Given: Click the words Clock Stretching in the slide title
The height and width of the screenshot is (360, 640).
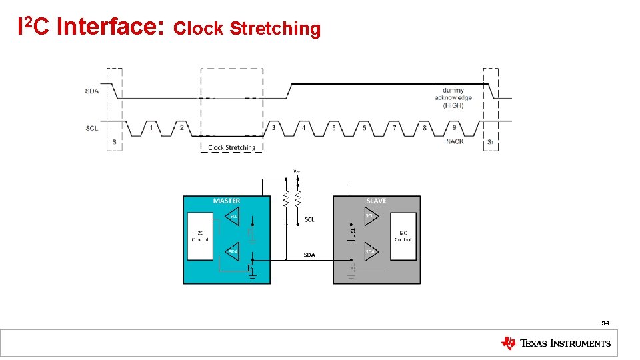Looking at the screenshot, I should pyautogui.click(x=247, y=29).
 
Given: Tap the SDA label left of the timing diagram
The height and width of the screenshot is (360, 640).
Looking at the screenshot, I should pyautogui.click(x=92, y=91).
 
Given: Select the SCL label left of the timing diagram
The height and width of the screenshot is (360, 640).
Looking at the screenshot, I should pyautogui.click(x=92, y=127).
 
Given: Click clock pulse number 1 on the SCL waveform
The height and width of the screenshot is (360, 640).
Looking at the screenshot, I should pyautogui.click(x=151, y=127).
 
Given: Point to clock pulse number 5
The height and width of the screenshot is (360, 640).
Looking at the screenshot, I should pyautogui.click(x=334, y=127).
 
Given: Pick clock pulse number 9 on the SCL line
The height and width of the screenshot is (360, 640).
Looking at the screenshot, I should pyautogui.click(x=455, y=127).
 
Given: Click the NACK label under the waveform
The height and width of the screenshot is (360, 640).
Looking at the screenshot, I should pyautogui.click(x=455, y=141).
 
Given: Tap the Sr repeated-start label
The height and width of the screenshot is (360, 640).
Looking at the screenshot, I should pyautogui.click(x=491, y=142).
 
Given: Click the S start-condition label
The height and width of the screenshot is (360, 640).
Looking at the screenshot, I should pyautogui.click(x=114, y=142).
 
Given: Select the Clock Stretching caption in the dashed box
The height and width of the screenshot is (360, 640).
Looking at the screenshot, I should pyautogui.click(x=231, y=148).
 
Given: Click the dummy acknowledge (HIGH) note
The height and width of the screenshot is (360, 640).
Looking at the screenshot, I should pyautogui.click(x=453, y=97).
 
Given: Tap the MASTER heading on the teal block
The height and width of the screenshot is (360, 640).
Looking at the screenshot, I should pyautogui.click(x=227, y=201).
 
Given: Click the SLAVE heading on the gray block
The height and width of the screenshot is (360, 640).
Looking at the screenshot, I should pyautogui.click(x=376, y=201).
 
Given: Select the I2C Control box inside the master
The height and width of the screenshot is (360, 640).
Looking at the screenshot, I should pyautogui.click(x=200, y=237).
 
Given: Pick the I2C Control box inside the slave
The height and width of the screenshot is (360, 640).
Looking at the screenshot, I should pyautogui.click(x=403, y=237).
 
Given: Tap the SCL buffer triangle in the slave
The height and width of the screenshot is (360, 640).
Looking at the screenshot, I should pyautogui.click(x=371, y=216).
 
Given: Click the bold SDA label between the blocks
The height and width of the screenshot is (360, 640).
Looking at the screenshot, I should pyautogui.click(x=309, y=255).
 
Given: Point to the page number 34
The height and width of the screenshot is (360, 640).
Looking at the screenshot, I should pyautogui.click(x=605, y=323).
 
